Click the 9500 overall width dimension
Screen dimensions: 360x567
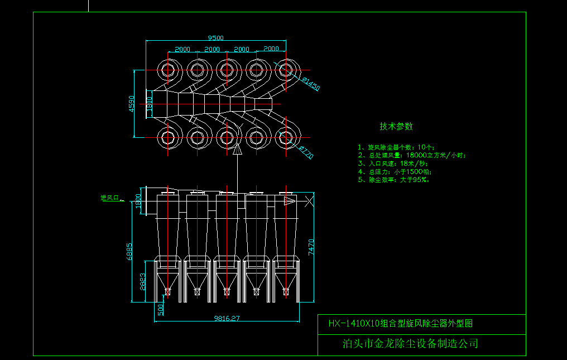[215, 38]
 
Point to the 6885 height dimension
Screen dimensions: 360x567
[130, 251]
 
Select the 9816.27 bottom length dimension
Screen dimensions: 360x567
[227, 319]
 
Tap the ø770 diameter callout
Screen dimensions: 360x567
[306, 152]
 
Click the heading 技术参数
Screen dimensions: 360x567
[396, 127]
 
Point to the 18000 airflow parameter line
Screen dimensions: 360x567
[411, 155]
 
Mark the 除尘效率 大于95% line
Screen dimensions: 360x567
[393, 180]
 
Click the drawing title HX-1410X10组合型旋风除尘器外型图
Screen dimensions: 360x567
[400, 324]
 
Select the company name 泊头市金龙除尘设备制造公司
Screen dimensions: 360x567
[410, 344]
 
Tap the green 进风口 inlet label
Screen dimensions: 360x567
[110, 198]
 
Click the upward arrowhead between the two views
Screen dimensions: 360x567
[237, 148]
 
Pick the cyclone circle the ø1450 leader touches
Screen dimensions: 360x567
[286, 70]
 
